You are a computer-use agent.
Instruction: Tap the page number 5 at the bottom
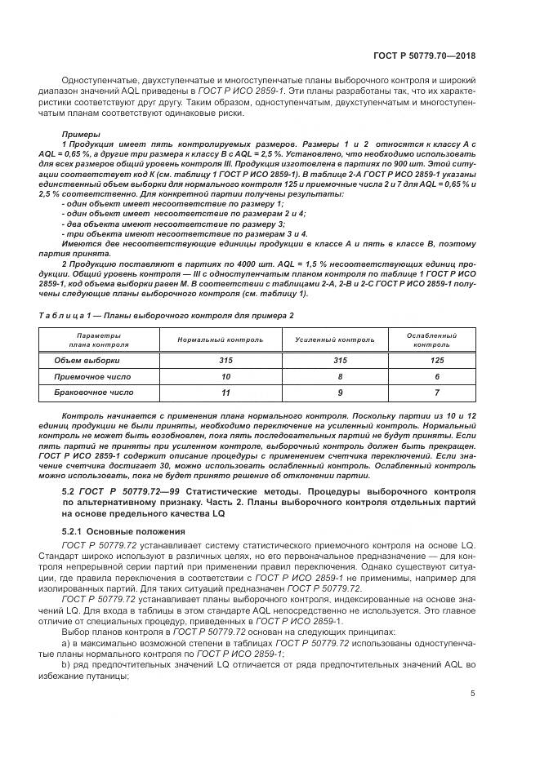coord(473,694)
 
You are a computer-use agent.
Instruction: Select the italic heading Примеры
coord(80,133)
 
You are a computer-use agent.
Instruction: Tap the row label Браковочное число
coord(93,393)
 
